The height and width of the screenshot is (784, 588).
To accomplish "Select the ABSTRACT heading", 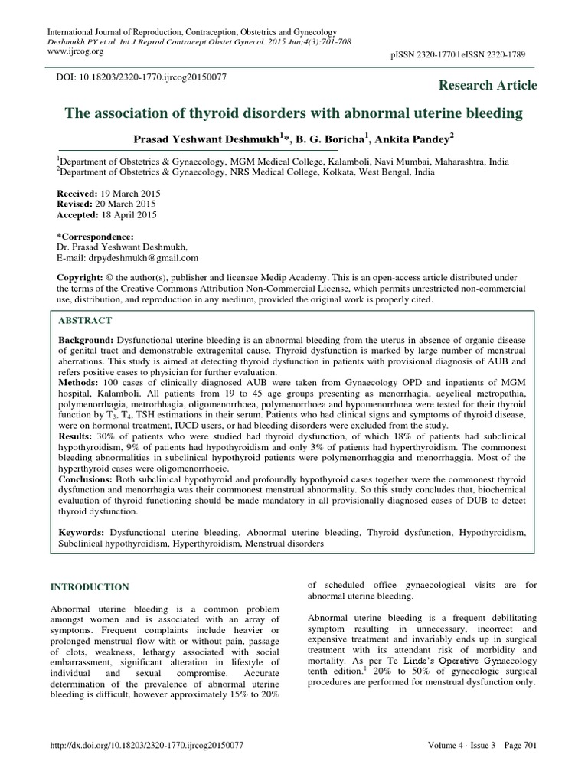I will [85, 320].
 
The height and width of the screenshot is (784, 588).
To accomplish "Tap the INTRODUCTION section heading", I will [90, 587].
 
